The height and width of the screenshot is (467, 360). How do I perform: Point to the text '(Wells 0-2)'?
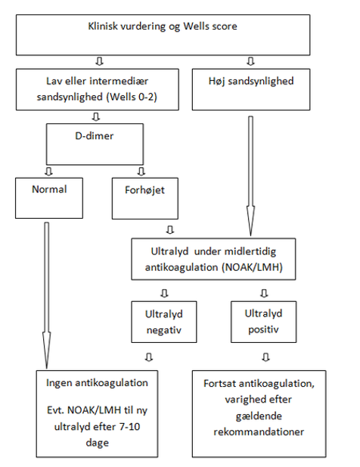[x=132, y=97]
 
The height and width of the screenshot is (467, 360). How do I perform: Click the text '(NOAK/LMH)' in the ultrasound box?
[x=252, y=267]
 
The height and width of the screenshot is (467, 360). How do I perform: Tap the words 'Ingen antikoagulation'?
[x=97, y=383]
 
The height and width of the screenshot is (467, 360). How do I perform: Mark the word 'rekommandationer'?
[x=259, y=432]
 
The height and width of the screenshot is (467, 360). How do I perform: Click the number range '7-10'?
[x=130, y=427]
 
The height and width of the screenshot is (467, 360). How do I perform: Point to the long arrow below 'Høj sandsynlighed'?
[x=251, y=176]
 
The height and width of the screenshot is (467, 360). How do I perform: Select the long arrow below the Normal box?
[x=47, y=295]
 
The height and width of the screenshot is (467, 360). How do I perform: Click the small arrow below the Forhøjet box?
[x=170, y=229]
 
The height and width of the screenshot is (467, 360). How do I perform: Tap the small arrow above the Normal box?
[x=48, y=171]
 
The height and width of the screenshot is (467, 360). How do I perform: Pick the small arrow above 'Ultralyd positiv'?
[x=264, y=294]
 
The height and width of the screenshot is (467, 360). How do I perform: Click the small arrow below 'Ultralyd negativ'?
[x=149, y=357]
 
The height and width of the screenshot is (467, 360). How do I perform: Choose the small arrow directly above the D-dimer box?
[x=96, y=117]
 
